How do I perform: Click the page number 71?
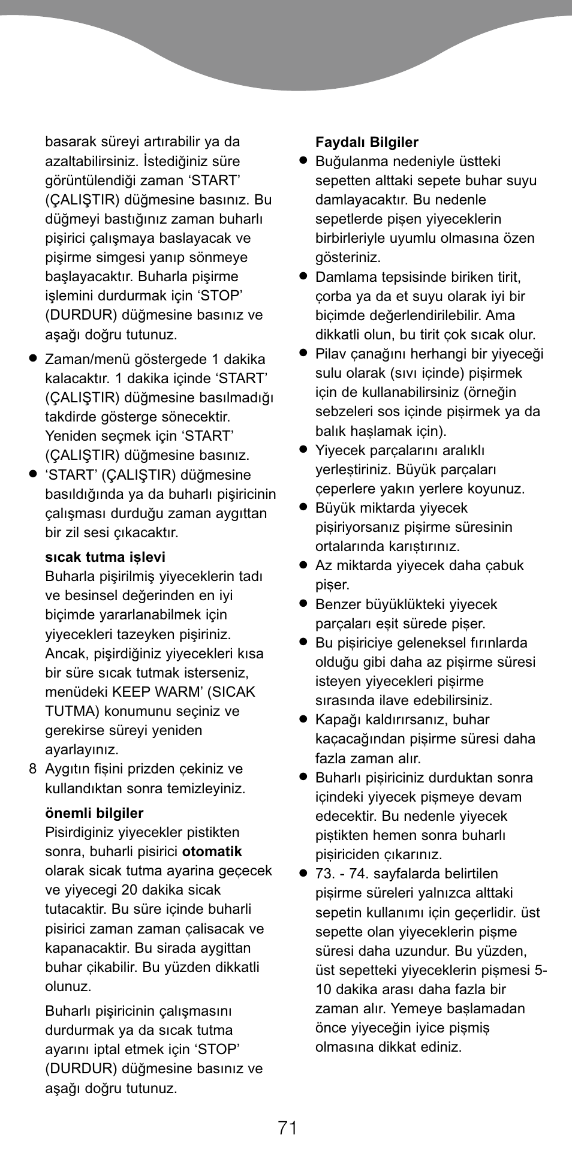coord(288,1128)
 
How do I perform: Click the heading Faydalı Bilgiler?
coord(366,142)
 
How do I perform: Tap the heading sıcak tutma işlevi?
coord(105,557)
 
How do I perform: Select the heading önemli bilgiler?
coord(94,813)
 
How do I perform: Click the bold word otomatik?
coord(212,851)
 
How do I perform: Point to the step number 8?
coord(33,769)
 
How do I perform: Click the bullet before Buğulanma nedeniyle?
coord(303,161)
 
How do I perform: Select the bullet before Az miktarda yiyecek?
coord(303,565)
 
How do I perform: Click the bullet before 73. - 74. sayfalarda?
coord(303,873)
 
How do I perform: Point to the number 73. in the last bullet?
coord(326,874)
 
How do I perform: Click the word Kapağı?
coord(337,720)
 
